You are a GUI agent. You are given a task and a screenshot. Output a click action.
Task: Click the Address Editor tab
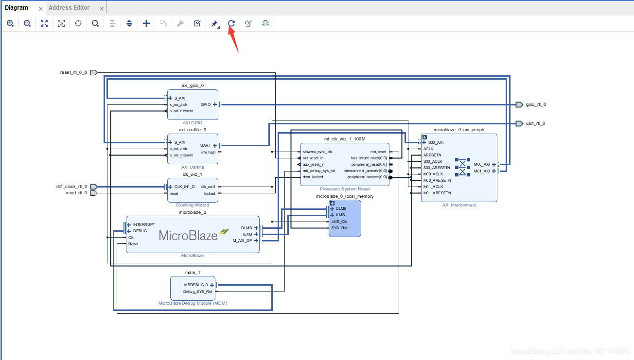tap(69, 8)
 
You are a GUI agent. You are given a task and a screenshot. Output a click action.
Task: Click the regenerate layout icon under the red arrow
tap(231, 23)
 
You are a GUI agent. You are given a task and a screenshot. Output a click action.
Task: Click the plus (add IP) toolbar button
tap(146, 23)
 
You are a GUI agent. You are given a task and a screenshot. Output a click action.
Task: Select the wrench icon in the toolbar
tap(180, 23)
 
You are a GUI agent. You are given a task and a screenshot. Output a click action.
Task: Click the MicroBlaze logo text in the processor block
tap(189, 236)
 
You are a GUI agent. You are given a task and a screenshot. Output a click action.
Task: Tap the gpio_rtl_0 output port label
tap(536, 104)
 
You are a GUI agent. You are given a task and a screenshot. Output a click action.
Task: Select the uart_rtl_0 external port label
tap(536, 123)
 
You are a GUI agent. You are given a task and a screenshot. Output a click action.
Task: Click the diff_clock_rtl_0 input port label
tap(71, 187)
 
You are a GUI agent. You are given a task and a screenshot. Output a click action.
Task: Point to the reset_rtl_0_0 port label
tap(73, 72)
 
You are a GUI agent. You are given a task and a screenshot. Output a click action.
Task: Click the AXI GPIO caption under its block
tap(193, 123)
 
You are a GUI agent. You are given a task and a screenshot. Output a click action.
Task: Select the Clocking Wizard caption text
tap(193, 205)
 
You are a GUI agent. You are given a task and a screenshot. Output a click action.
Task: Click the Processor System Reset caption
tap(345, 189)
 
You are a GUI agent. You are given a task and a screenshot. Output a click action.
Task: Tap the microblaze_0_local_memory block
tap(345, 219)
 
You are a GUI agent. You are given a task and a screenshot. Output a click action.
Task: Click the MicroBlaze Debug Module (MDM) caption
tap(193, 303)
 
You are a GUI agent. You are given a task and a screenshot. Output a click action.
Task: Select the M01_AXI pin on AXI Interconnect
tap(482, 171)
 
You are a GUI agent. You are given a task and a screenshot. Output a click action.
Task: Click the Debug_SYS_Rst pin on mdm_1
tap(197, 291)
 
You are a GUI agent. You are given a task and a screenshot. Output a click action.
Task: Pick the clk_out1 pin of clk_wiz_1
tap(208, 187)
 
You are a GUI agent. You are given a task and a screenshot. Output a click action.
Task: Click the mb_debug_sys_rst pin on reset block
tap(319, 171)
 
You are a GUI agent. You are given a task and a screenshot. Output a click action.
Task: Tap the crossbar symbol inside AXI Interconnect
tap(462, 167)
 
